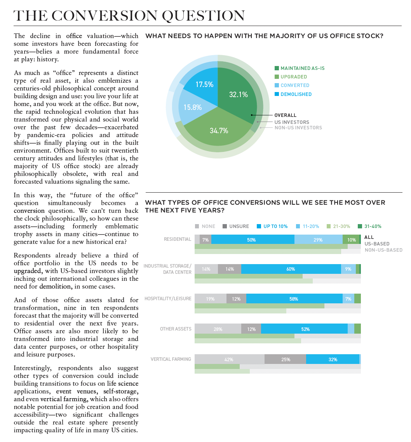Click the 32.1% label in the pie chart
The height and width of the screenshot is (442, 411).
point(239,94)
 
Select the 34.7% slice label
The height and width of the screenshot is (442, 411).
point(219,131)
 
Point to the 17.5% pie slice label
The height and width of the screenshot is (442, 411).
point(204,84)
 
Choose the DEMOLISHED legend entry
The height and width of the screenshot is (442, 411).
point(296,94)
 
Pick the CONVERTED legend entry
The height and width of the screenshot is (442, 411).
point(295,85)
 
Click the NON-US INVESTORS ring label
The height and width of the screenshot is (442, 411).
point(298,128)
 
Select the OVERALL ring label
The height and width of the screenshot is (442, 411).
point(285,115)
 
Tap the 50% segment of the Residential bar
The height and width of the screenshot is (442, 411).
point(251,240)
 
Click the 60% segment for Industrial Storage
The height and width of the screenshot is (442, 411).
point(291,269)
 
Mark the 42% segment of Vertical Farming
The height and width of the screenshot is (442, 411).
point(229,360)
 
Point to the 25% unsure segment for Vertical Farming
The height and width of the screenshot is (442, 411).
point(286,360)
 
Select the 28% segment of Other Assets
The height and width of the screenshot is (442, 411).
point(218,329)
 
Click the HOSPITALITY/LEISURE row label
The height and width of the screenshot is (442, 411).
point(168,299)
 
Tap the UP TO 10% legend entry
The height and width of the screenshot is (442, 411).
point(276,226)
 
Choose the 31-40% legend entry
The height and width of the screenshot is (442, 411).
point(372,226)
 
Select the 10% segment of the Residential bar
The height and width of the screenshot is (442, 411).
point(351,240)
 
